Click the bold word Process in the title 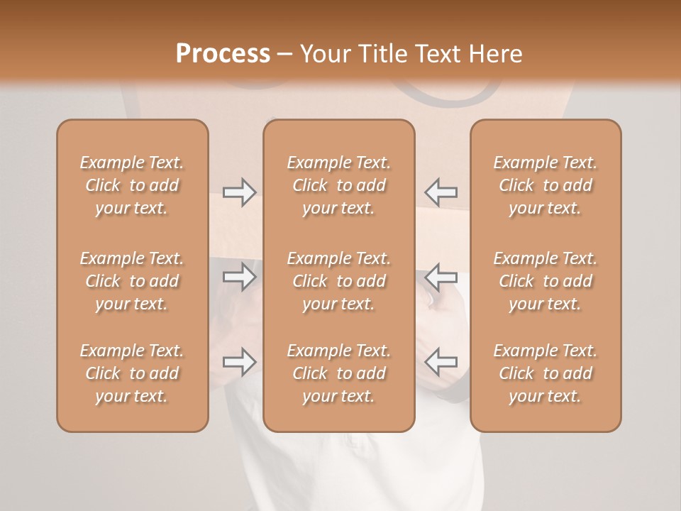click(223, 53)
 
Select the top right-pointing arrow click(239, 192)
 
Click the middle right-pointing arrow click(239, 277)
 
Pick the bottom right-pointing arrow click(239, 362)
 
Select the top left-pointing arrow click(441, 192)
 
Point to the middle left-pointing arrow click(441, 277)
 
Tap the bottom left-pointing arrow click(441, 362)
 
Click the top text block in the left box click(132, 185)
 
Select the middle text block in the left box click(132, 281)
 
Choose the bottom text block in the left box click(132, 373)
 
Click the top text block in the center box click(339, 185)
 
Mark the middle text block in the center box click(339, 281)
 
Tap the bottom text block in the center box click(339, 373)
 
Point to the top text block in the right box click(546, 185)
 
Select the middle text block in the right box click(546, 281)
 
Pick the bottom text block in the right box click(546, 373)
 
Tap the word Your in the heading click(324, 53)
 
